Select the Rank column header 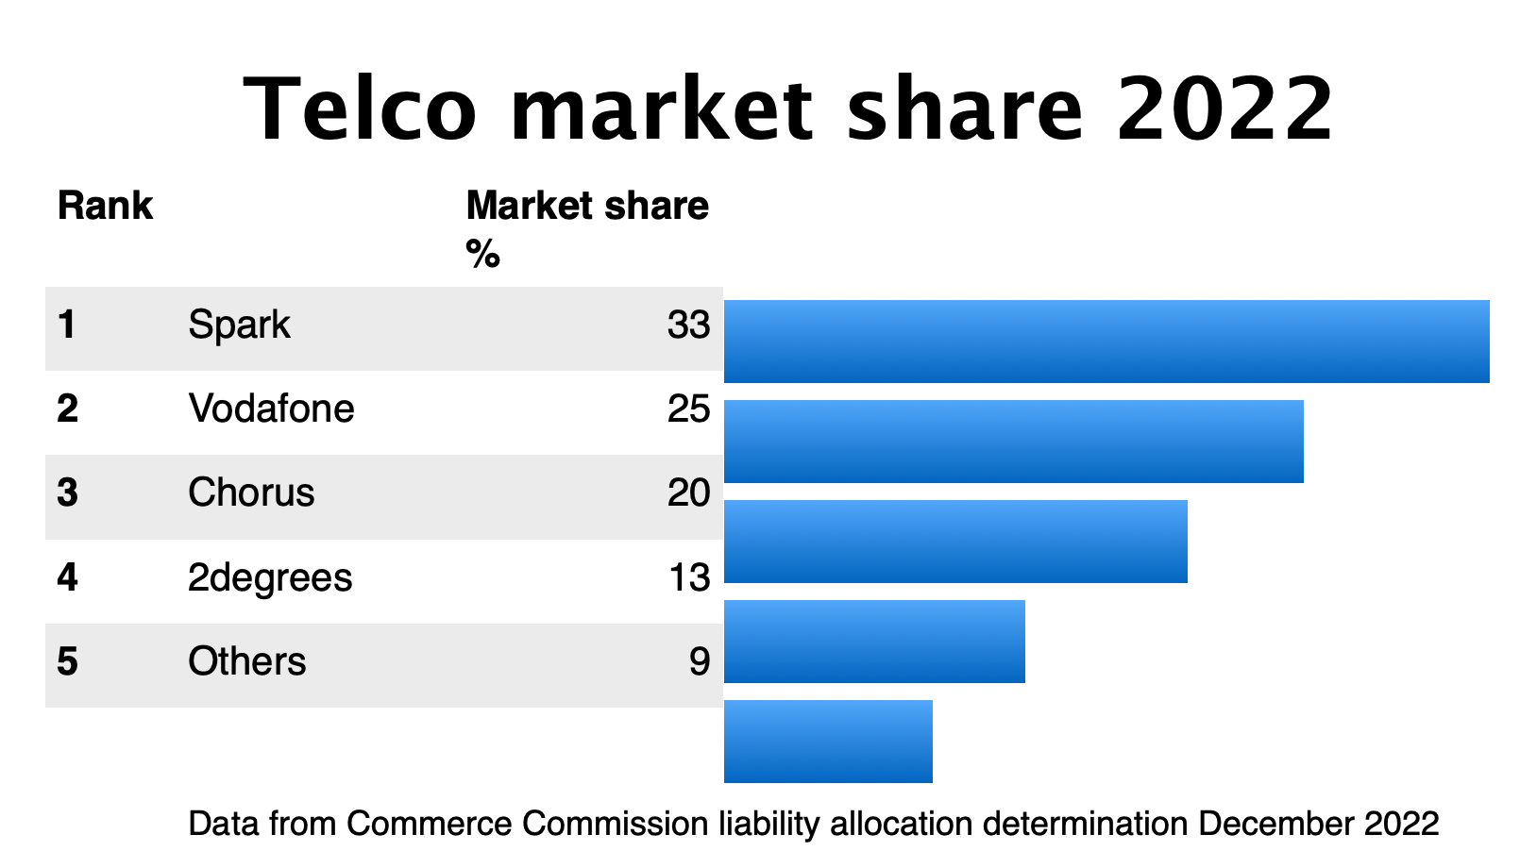105,206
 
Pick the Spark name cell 239,325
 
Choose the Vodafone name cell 271,409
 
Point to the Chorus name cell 251,493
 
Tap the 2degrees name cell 270,577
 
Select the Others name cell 246,661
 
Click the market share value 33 688,325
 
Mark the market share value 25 688,409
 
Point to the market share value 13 688,577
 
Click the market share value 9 699,661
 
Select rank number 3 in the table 67,493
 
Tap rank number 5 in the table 67,661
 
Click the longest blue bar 1106,342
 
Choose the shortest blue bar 828,742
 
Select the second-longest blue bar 1013,442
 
